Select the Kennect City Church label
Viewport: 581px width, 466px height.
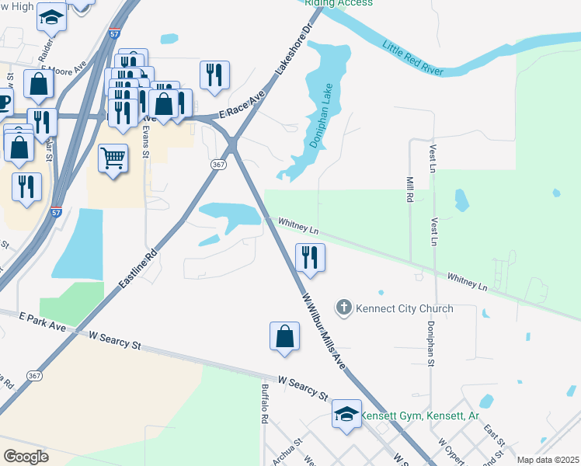pyautogui.click(x=404, y=308)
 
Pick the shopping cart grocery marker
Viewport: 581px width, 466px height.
pyautogui.click(x=113, y=158)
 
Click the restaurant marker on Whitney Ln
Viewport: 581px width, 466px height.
pyautogui.click(x=310, y=258)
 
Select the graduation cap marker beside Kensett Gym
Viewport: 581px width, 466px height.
pyautogui.click(x=346, y=415)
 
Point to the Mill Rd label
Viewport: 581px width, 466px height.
pyautogui.click(x=409, y=189)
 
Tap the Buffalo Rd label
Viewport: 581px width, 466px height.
pyautogui.click(x=266, y=404)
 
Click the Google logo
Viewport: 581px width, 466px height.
pyautogui.click(x=26, y=456)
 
